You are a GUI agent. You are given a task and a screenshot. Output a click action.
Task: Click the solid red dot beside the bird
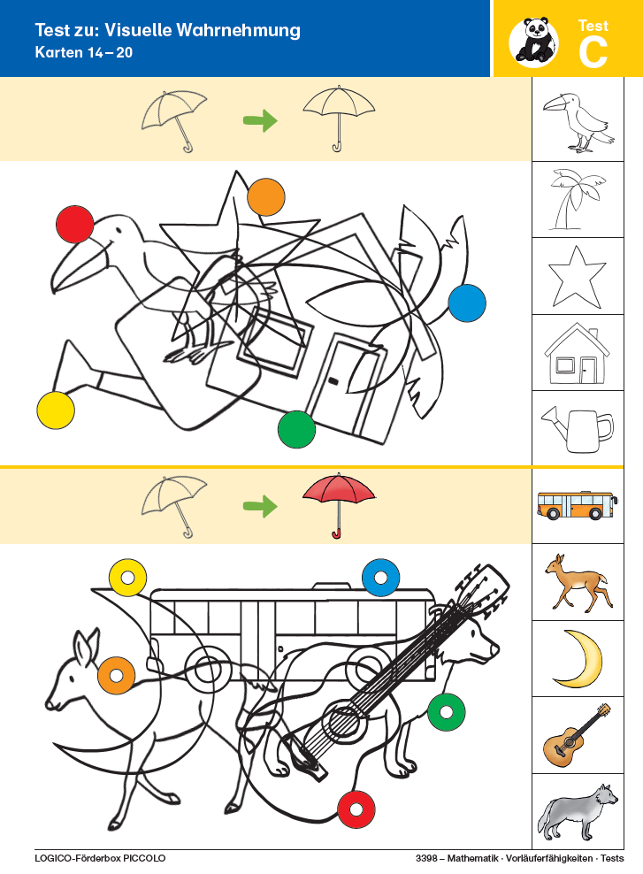tap(74, 224)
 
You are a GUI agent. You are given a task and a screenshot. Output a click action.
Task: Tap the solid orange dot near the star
tap(266, 196)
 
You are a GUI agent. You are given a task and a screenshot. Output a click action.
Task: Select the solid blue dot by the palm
tap(467, 303)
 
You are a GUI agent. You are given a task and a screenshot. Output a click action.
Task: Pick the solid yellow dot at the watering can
tap(56, 410)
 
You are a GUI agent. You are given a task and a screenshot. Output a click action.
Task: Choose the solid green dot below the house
tap(296, 429)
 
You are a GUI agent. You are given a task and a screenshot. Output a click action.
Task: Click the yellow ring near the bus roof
tap(127, 578)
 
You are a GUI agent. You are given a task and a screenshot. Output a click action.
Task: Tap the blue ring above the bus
tap(380, 578)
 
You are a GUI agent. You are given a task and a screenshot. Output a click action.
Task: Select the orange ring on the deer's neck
tap(117, 676)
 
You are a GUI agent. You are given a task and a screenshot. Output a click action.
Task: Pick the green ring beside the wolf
tap(447, 712)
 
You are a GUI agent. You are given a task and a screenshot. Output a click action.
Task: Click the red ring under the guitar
tap(356, 809)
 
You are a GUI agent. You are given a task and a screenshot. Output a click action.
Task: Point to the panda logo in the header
tap(533, 40)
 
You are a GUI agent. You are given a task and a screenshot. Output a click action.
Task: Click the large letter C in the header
tap(593, 52)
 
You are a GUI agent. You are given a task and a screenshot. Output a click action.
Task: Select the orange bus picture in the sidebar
tap(578, 505)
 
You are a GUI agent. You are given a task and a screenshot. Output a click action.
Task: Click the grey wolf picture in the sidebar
tap(578, 811)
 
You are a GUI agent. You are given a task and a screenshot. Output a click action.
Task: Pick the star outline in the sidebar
tap(578, 277)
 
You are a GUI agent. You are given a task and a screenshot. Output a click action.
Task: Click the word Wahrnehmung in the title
tap(239, 30)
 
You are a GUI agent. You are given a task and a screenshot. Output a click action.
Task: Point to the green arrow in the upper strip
tap(260, 119)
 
